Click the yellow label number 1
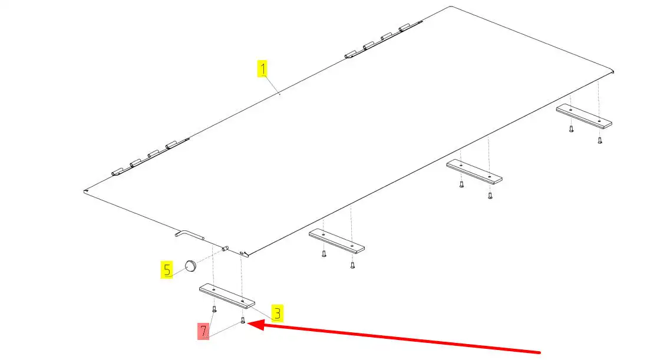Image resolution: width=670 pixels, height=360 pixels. tap(262, 69)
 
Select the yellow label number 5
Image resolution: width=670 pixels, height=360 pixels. tap(167, 269)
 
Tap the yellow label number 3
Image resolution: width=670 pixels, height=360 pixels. tap(278, 313)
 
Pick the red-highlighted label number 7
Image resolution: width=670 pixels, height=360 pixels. tap(203, 331)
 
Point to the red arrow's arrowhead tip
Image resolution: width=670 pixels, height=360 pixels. tap(247, 323)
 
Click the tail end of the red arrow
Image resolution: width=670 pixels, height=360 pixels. tap(540, 353)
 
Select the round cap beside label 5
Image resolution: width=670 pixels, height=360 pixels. tap(190, 265)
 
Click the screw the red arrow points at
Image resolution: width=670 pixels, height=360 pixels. tap(243, 320)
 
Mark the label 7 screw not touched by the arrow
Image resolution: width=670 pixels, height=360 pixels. tap(214, 309)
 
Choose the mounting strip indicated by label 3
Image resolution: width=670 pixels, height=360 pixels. tap(227, 296)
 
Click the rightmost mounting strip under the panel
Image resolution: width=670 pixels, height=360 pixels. tap(584, 116)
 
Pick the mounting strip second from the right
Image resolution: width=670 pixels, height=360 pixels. tap(474, 171)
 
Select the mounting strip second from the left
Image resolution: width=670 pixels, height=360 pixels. tap(336, 242)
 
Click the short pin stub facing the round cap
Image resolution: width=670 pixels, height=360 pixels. tap(225, 247)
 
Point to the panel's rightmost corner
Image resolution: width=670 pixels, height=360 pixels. tap(613, 71)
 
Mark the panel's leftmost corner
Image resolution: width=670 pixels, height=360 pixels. tap(84, 191)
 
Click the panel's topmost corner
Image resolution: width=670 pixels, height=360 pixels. tap(451, 6)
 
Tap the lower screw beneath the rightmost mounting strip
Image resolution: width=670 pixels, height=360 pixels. tap(600, 140)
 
